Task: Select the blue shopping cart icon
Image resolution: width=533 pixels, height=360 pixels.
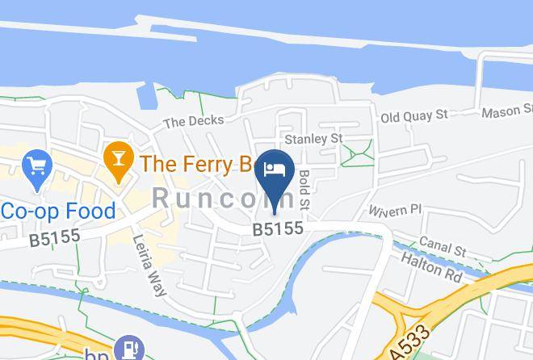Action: [37, 168]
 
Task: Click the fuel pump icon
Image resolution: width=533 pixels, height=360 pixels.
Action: [127, 349]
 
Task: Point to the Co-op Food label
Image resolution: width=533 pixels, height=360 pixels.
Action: [58, 211]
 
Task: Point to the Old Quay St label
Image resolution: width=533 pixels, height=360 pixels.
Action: [414, 116]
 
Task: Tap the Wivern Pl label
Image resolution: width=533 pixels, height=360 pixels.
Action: [396, 210]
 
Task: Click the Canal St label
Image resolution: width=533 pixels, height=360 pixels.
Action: [443, 247]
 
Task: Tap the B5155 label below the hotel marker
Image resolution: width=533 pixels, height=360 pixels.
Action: [277, 229]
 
